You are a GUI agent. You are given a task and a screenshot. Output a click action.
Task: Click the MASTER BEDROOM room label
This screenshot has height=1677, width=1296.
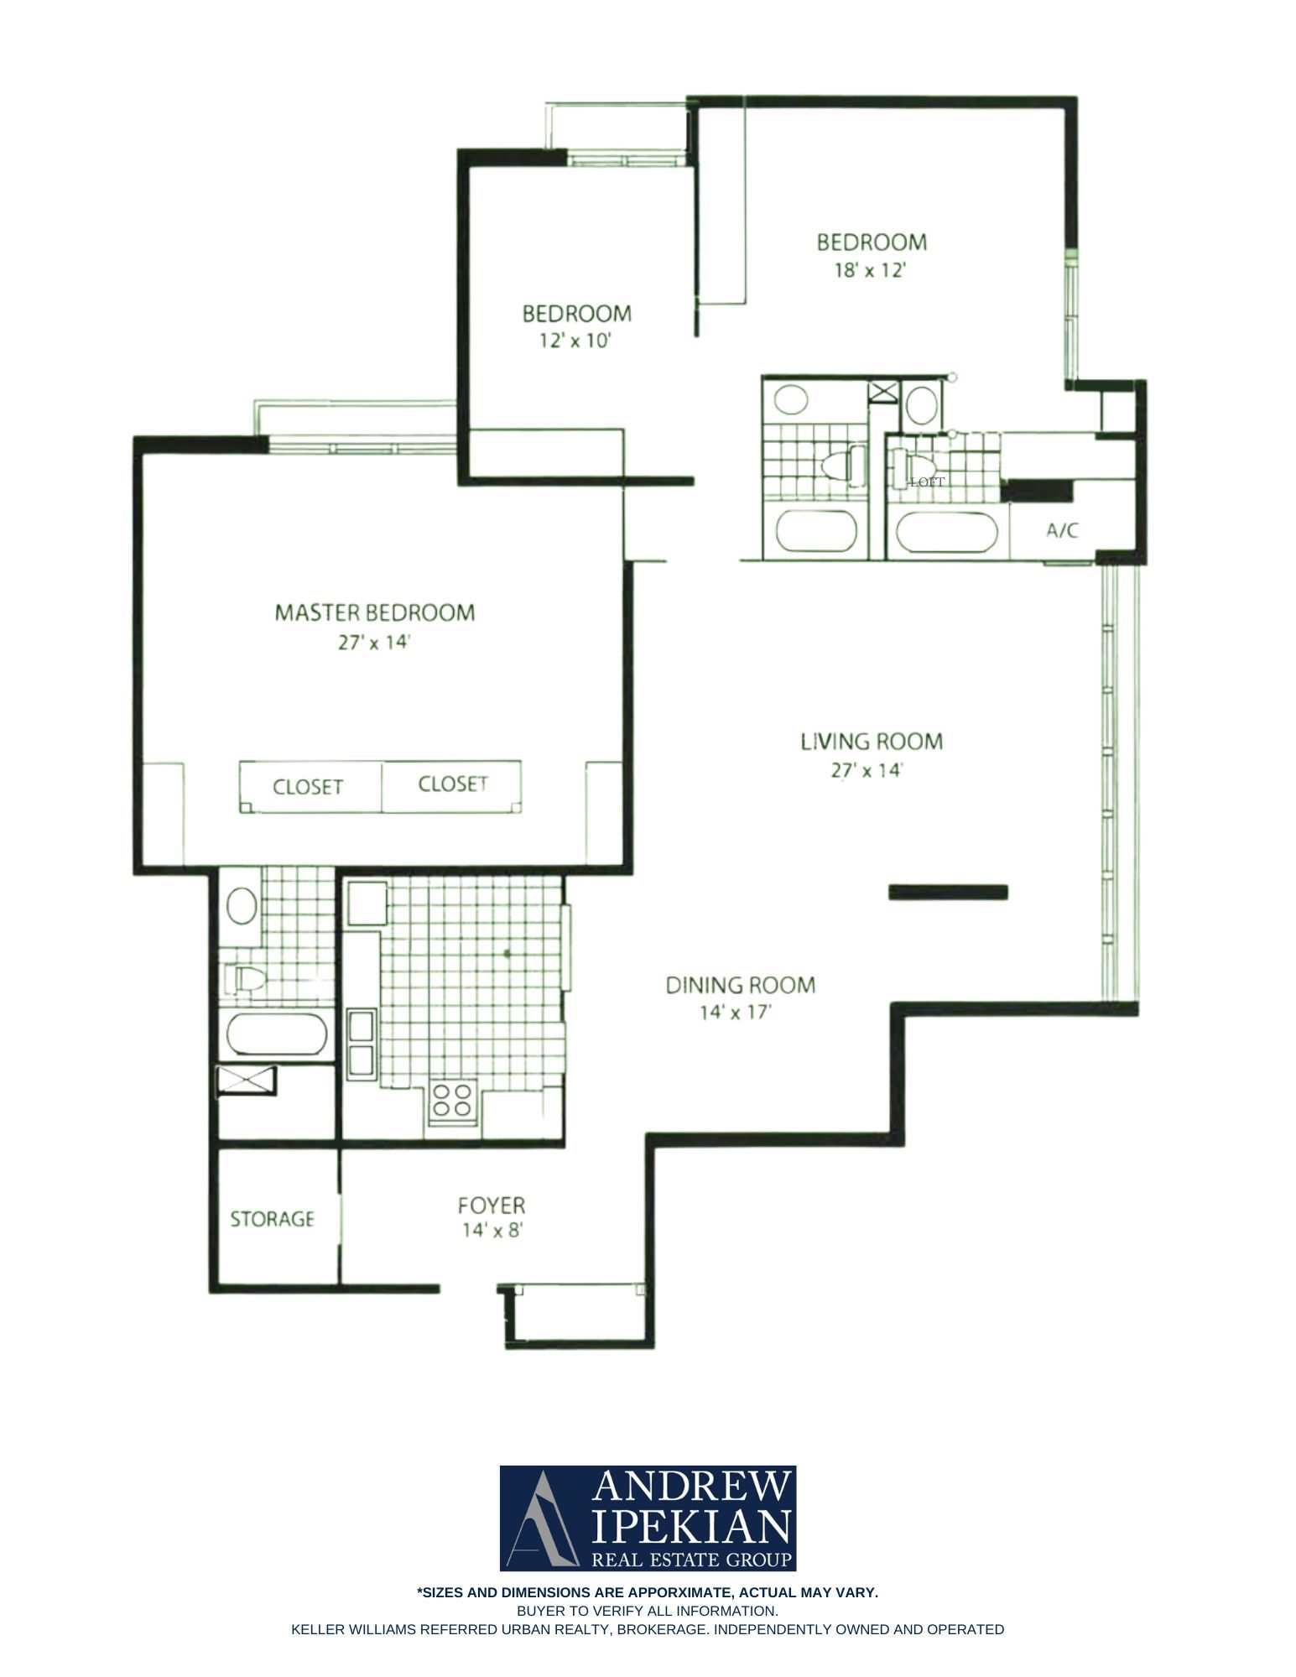(x=374, y=612)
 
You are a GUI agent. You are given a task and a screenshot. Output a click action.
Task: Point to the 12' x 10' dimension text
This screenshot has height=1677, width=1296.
(x=576, y=341)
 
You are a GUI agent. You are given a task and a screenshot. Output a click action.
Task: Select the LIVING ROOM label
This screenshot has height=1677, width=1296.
(x=872, y=742)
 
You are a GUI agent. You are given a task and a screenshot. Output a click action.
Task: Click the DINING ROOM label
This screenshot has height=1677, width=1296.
(x=741, y=985)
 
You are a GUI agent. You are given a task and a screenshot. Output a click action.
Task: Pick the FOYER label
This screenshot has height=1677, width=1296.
(x=492, y=1206)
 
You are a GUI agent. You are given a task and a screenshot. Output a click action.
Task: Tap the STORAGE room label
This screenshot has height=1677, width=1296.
(x=273, y=1219)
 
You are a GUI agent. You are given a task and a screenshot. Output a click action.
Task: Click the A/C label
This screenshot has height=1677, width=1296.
(x=1062, y=530)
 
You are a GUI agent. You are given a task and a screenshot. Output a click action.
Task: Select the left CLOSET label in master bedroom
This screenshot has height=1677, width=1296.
(x=308, y=787)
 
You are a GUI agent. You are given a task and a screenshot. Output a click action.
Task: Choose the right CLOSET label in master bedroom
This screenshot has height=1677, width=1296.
(x=453, y=784)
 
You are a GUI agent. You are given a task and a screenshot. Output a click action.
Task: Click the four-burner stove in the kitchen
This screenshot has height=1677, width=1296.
(x=453, y=1102)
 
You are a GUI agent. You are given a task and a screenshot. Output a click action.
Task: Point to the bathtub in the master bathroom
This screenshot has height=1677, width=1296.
(x=276, y=1035)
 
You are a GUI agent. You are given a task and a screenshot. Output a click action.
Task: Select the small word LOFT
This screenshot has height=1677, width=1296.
(x=927, y=482)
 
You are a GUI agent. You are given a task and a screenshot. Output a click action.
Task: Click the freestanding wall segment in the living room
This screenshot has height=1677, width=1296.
(x=948, y=893)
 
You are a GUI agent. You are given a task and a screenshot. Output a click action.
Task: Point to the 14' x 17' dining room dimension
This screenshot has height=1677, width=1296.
(x=736, y=1013)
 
